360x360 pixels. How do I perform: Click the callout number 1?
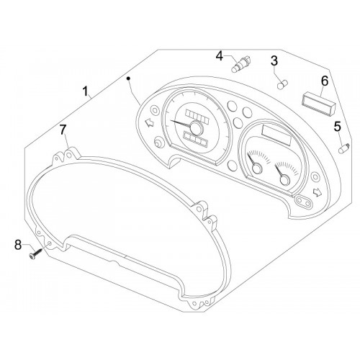(85, 91)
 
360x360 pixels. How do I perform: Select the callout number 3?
(274, 60)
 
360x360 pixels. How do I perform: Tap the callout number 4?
(220, 56)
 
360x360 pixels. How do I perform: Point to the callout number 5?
(338, 127)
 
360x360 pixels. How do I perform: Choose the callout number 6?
(325, 81)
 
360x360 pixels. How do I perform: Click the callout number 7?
(63, 130)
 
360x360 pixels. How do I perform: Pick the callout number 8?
(18, 245)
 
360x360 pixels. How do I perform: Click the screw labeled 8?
(35, 253)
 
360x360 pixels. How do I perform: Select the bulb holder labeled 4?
(240, 64)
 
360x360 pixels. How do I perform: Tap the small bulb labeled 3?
(283, 85)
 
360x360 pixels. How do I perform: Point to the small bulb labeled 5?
(344, 148)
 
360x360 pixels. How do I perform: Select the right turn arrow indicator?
(318, 192)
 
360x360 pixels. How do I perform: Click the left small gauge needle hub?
(257, 168)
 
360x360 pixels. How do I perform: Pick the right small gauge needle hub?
(285, 180)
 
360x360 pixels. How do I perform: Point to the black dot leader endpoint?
(129, 78)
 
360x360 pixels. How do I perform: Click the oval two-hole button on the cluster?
(304, 201)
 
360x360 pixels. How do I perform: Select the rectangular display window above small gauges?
(276, 135)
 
